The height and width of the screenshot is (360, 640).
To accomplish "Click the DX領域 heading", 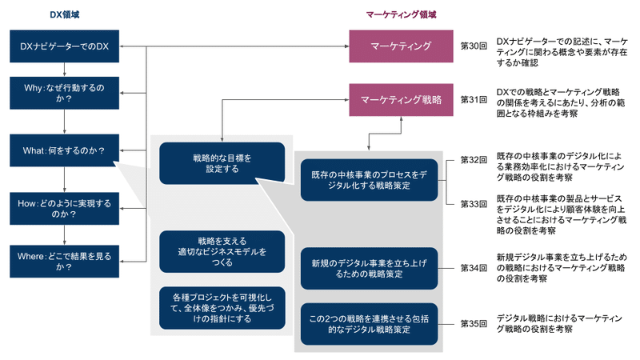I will (x=65, y=14).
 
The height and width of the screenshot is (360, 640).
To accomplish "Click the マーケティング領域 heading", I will (x=401, y=14).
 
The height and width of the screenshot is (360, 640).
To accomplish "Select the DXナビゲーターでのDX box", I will (x=64, y=47).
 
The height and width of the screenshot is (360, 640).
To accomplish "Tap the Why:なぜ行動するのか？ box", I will (x=64, y=93).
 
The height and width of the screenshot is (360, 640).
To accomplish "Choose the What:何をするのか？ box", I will (x=64, y=150).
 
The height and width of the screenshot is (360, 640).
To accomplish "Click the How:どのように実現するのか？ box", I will (x=64, y=208).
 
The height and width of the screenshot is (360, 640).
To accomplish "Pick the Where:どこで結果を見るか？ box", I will (x=64, y=262).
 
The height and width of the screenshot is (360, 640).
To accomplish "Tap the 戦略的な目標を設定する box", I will (x=222, y=162).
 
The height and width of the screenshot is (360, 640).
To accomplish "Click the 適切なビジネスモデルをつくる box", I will (x=222, y=251).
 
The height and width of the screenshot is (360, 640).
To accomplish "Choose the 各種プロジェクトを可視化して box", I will (x=222, y=307).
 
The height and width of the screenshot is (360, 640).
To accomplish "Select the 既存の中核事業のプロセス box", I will (x=369, y=180).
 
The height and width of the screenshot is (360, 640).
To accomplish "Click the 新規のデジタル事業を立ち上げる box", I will (x=369, y=268).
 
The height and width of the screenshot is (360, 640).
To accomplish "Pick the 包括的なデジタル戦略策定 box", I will (x=369, y=324).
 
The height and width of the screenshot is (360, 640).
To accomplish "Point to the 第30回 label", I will (x=474, y=47).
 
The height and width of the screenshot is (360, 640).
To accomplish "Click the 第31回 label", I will (x=474, y=100).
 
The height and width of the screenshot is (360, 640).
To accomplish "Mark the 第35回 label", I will (x=474, y=324).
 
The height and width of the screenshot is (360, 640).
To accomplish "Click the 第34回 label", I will (x=474, y=268).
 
